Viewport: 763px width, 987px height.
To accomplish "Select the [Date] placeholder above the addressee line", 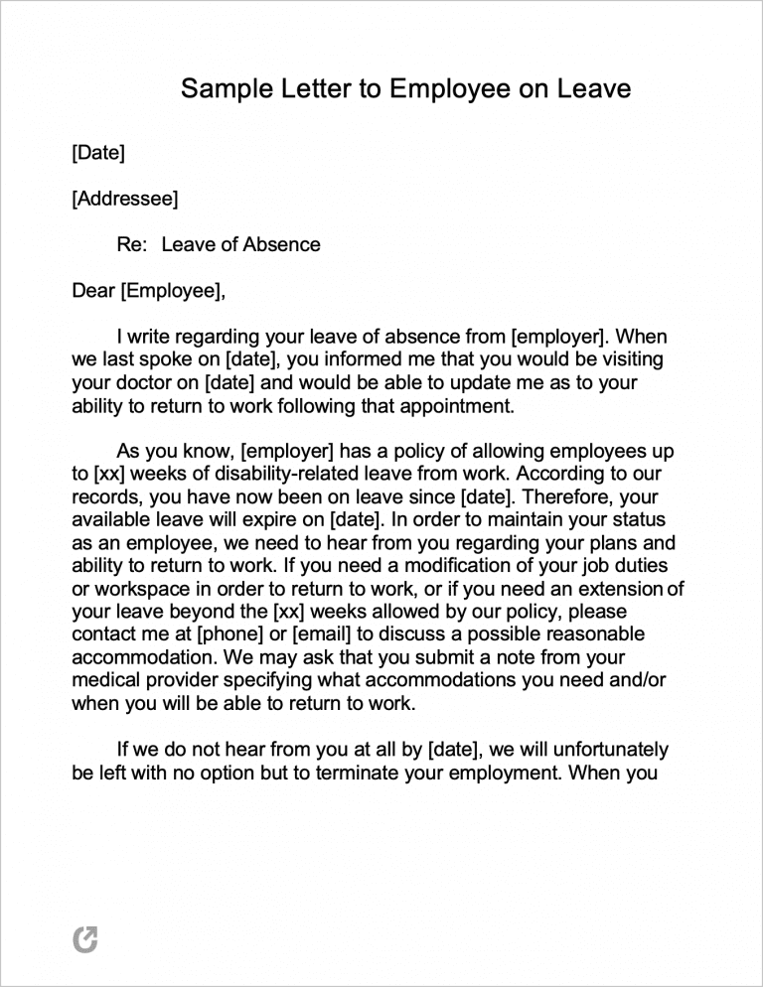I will (x=98, y=153).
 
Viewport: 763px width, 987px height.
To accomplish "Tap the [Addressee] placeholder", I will (x=125, y=199).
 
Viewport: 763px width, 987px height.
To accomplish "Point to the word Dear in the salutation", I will (x=93, y=291).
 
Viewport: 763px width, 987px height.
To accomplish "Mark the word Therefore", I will (x=569, y=496).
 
